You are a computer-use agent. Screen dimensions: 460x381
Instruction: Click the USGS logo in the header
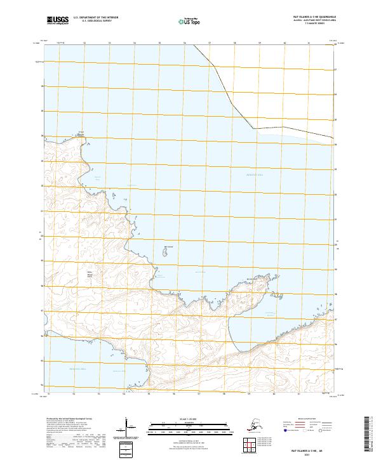(x=58, y=20)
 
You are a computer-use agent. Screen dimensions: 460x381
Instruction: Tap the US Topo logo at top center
(x=191, y=21)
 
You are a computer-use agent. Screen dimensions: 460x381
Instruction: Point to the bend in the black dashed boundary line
(x=253, y=128)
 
